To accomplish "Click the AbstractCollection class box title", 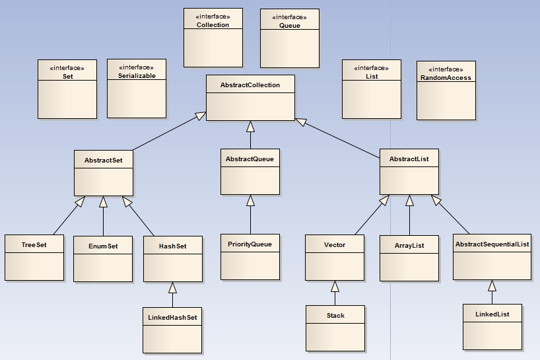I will click(x=250, y=85).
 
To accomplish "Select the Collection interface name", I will click(x=213, y=25).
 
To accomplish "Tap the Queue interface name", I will click(x=289, y=26).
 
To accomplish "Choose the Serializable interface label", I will click(x=136, y=76).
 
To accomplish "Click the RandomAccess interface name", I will click(x=446, y=78).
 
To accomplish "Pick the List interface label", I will click(x=371, y=76).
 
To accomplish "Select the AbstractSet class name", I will click(x=104, y=160).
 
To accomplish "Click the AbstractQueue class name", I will click(x=250, y=159).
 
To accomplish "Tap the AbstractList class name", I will click(x=409, y=159).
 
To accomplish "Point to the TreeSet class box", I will click(x=34, y=257).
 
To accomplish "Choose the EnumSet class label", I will click(x=103, y=246).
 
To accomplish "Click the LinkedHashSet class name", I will click(x=172, y=317).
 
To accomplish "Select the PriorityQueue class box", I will click(x=250, y=256).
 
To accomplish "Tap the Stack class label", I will click(x=335, y=316).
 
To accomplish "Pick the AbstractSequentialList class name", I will click(x=492, y=244).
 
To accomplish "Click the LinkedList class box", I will click(x=492, y=326).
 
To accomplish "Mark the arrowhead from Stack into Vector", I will click(x=335, y=286).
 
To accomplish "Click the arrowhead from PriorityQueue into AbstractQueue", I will click(x=250, y=200).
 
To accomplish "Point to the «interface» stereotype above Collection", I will click(x=213, y=17).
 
